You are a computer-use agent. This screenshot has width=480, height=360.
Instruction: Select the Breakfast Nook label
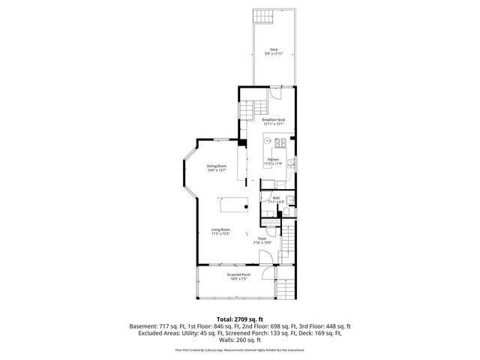tap(273, 122)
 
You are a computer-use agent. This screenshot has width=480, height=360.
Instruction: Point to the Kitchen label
tap(274, 160)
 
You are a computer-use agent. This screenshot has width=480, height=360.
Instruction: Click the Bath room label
tap(276, 200)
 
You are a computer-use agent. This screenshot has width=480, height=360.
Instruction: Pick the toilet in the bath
tap(287, 214)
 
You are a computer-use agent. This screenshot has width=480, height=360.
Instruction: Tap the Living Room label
tap(220, 232)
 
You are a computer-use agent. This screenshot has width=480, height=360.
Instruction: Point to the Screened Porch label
tap(239, 276)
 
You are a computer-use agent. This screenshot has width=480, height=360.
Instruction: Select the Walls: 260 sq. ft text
tap(239, 341)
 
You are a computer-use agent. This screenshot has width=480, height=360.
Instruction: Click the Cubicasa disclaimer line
tap(239, 349)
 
